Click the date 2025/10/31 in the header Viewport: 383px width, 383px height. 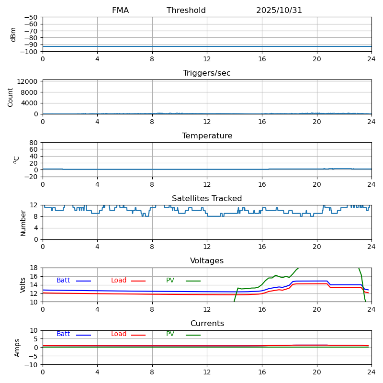pos(279,11)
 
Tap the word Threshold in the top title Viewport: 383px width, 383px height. pos(186,11)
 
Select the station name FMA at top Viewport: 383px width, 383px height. pos(120,11)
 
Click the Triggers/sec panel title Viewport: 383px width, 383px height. pos(207,73)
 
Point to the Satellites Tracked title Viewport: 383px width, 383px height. pos(207,199)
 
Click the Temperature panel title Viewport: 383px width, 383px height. pos(207,136)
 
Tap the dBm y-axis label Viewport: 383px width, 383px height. pos(13,34)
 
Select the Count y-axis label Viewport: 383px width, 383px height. pos(11,97)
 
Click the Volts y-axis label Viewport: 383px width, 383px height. pos(23,285)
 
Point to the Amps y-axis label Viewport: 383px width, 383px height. pos(17,348)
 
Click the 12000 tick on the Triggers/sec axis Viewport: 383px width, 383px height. pos(28,82)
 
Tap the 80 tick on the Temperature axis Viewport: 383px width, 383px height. pos(34,143)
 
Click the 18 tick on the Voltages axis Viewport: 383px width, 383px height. pos(34,268)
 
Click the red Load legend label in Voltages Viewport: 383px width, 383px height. pos(119,281)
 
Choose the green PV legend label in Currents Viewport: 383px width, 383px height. pos(170,334)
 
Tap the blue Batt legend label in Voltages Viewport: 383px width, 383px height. pos(63,281)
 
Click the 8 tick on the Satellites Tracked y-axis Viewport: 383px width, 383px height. pos(36,216)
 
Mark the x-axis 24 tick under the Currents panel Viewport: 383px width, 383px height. pos(372,372)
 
